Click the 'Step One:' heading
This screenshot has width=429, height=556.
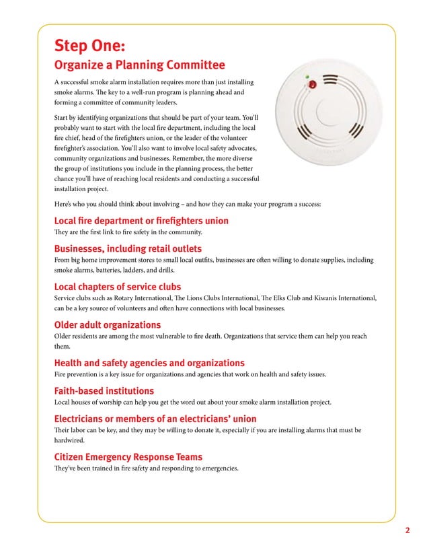[89, 45]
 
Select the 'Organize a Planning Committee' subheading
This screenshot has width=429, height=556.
[139, 65]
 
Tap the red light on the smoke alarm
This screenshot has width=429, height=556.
[311, 85]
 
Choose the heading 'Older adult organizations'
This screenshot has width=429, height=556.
[107, 325]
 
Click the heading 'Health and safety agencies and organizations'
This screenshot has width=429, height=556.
[149, 363]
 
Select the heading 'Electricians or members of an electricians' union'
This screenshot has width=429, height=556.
[155, 419]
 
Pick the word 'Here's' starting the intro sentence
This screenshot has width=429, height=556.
[64, 204]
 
